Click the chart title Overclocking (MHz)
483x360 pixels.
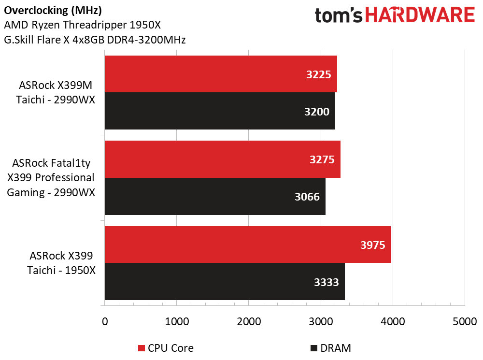coord(53,11)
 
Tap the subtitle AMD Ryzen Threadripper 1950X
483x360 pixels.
coord(82,25)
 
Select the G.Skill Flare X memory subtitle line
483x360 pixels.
coord(95,40)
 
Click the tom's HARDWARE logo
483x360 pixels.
coord(395,15)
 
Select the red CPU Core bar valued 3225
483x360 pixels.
coord(221,74)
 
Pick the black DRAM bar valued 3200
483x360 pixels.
coord(220,111)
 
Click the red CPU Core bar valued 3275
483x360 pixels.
coord(222,159)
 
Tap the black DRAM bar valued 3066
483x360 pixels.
coord(215,196)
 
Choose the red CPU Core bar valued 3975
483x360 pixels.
coord(248,245)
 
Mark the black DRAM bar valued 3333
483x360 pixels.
coord(225,281)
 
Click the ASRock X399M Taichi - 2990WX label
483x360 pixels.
coord(56,92)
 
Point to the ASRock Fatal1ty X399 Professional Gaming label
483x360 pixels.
coord(51,178)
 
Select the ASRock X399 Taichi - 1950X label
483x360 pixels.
coord(61,263)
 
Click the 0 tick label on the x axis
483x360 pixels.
coord(105,321)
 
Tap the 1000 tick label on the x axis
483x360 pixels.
coord(177,321)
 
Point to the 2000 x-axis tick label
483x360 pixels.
coord(249,321)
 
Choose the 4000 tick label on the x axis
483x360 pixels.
coord(393,321)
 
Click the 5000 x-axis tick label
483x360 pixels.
coord(465,321)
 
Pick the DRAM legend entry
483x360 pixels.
coord(331,348)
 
